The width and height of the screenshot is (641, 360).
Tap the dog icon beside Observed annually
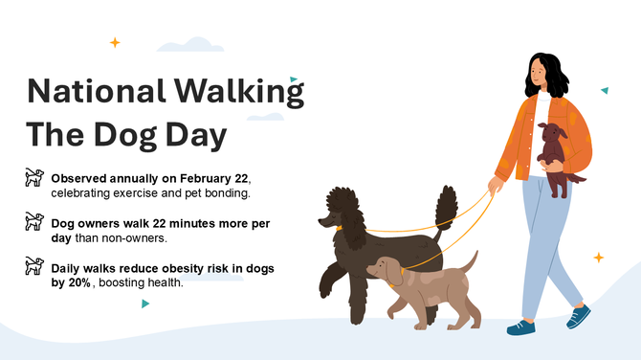[x=34, y=178]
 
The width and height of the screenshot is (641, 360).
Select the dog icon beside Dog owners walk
[x=34, y=223]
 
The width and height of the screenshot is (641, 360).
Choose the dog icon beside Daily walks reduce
[x=34, y=267]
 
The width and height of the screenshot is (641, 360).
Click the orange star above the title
[x=115, y=42]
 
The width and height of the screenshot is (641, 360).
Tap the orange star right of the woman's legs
[x=598, y=258]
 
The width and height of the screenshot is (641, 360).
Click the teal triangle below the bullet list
[x=145, y=304]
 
